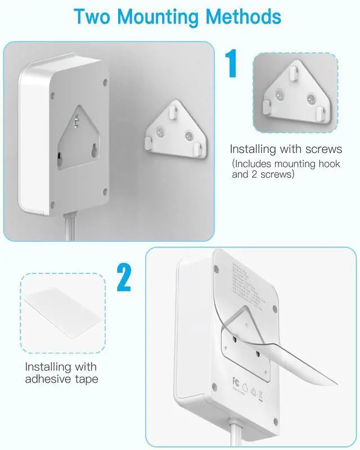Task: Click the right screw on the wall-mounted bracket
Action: (188, 136)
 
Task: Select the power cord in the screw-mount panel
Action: (70, 227)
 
